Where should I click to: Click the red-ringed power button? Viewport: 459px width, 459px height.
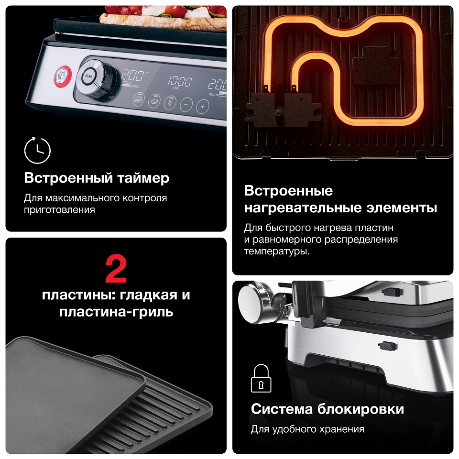(x=63, y=76)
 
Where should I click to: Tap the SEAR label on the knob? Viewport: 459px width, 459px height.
(x=88, y=76)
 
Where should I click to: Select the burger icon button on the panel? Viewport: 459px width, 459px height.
(x=139, y=99)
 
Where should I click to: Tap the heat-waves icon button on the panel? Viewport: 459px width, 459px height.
(x=170, y=103)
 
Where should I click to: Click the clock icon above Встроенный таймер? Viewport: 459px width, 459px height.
(x=37, y=150)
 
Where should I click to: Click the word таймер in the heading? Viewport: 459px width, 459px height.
(x=143, y=178)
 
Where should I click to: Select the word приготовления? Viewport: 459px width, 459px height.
(x=59, y=210)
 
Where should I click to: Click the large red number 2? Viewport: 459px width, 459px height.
(x=116, y=269)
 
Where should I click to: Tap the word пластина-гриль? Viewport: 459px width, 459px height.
(x=116, y=312)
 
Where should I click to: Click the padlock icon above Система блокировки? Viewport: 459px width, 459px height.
(x=261, y=378)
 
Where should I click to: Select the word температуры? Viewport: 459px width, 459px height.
(x=277, y=251)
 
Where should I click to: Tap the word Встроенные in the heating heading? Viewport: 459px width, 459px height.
(x=288, y=191)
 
